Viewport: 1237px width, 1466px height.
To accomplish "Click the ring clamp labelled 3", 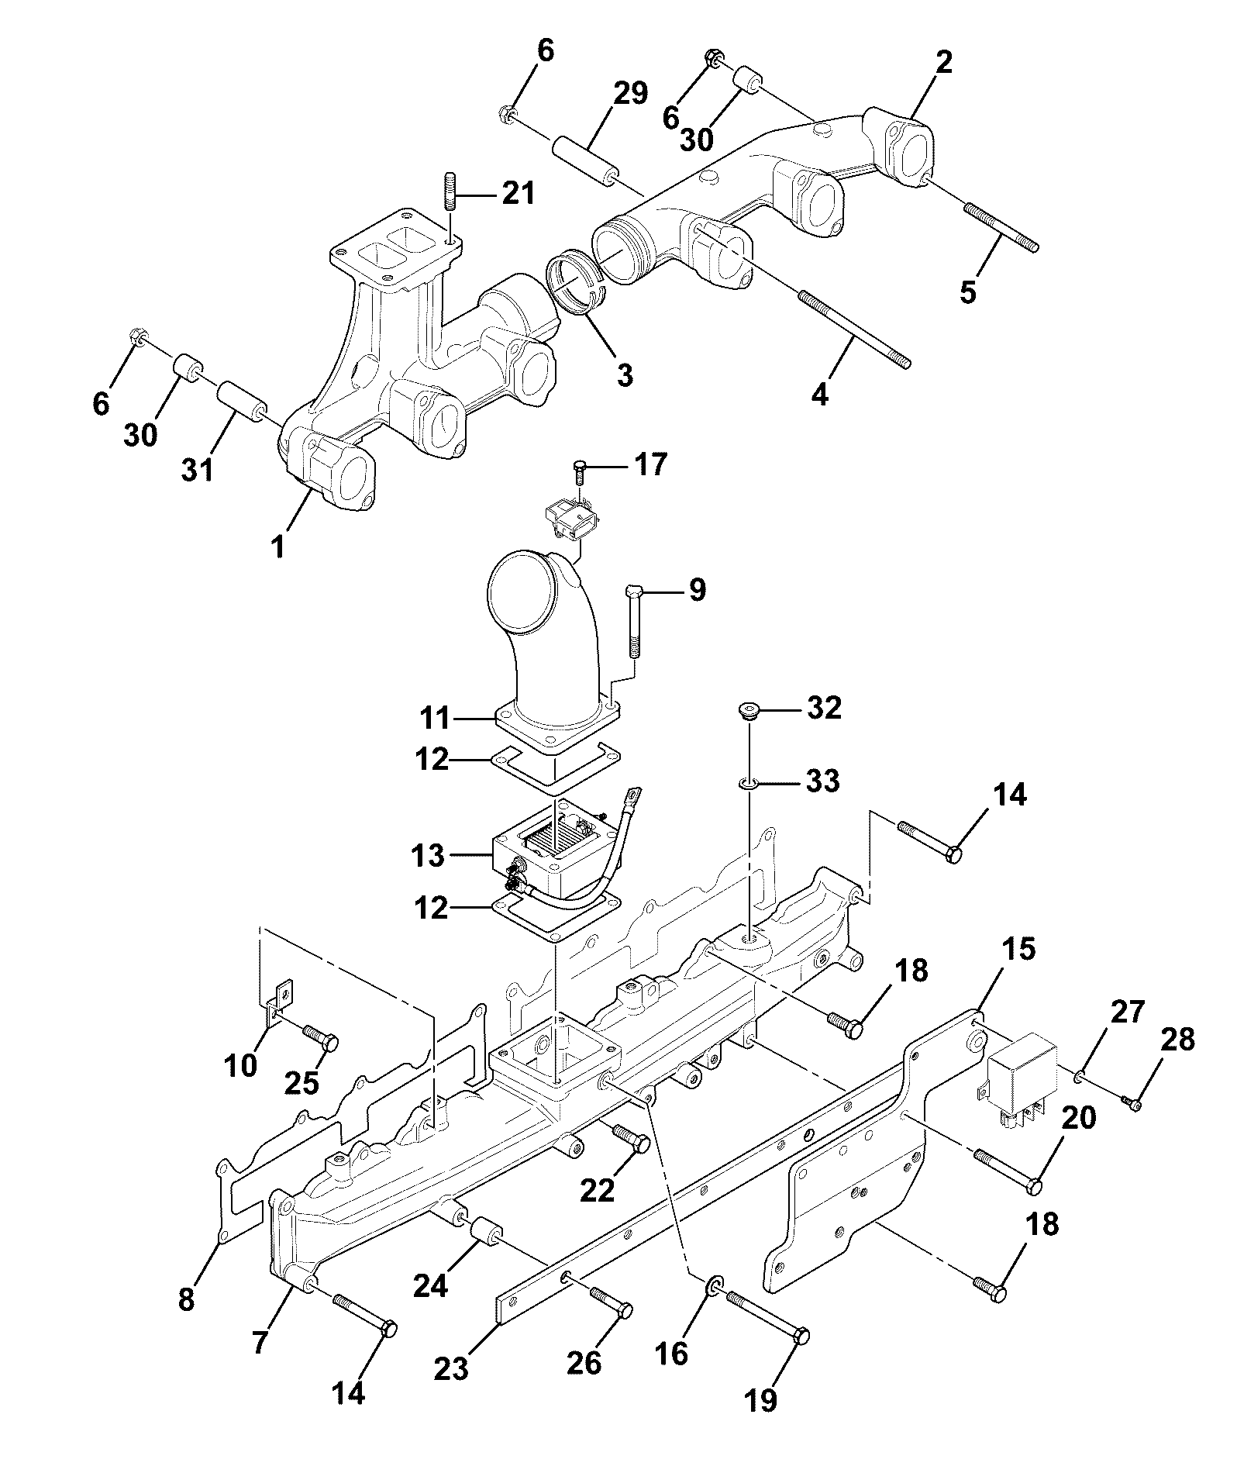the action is point(577,281).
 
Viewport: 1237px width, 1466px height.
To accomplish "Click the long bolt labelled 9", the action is point(633,621).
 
